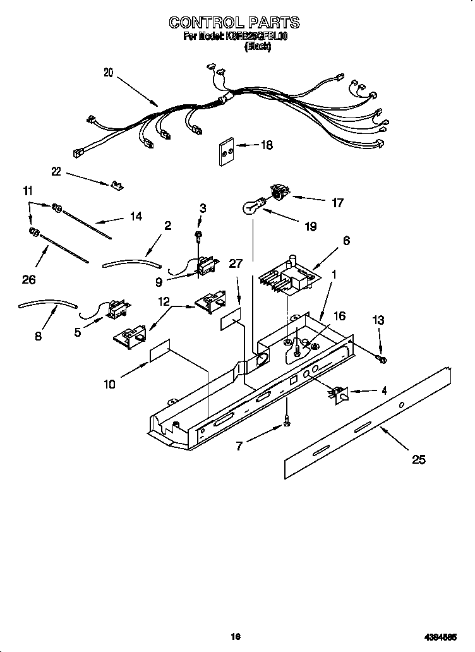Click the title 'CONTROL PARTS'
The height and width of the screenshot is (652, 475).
click(x=234, y=23)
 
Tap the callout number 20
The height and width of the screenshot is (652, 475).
click(x=108, y=73)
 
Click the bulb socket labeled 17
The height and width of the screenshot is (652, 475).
click(x=278, y=191)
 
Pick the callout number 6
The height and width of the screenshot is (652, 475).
click(x=346, y=241)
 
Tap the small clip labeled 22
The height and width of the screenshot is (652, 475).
click(x=116, y=184)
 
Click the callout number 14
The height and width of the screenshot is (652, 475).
click(x=135, y=217)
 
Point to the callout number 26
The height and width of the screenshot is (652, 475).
click(x=29, y=279)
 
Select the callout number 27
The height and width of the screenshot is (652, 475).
click(x=236, y=264)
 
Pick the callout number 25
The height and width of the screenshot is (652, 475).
click(x=418, y=459)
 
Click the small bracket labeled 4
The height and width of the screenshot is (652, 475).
click(x=339, y=394)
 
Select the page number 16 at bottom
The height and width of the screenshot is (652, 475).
click(x=236, y=637)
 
